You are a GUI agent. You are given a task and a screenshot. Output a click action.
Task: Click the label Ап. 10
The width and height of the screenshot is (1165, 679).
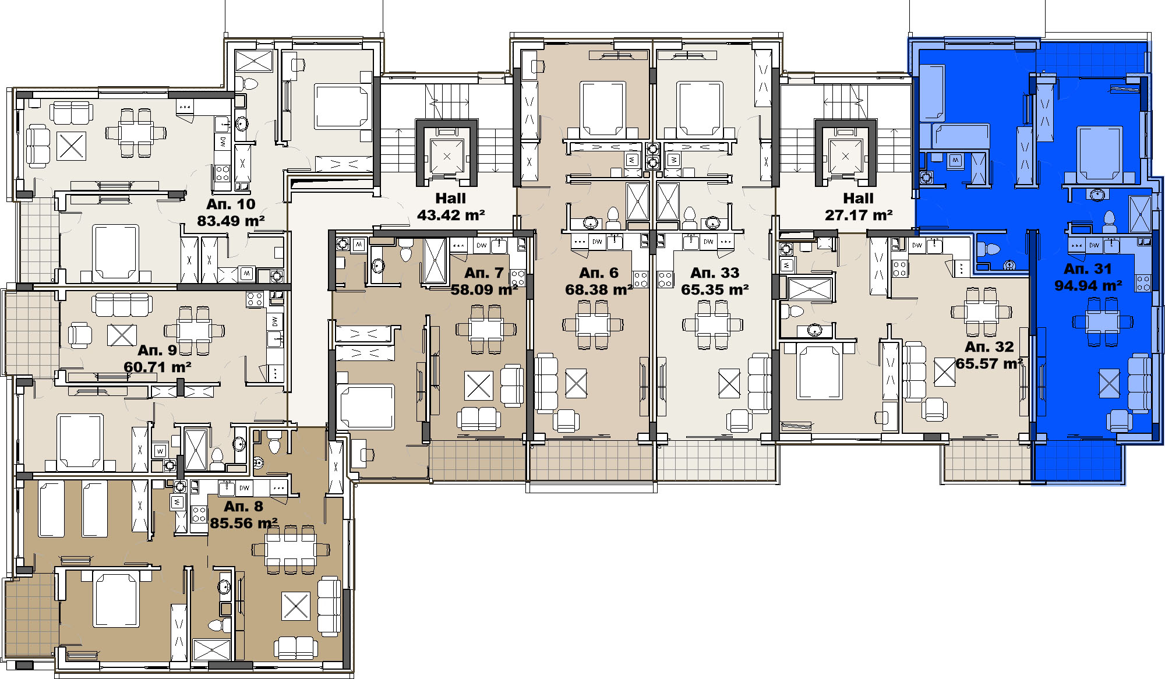231,204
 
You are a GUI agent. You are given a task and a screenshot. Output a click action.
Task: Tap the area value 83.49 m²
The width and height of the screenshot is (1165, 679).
231,221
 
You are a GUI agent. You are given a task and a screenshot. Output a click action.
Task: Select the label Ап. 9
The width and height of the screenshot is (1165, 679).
157,350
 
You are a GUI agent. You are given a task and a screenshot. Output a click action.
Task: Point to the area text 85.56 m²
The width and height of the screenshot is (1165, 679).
243,523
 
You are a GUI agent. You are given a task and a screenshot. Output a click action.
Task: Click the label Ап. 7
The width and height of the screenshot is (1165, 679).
483,273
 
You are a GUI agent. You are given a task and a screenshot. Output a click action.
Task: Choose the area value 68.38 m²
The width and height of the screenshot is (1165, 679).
599,289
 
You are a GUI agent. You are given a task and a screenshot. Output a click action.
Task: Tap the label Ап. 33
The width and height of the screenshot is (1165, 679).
715,273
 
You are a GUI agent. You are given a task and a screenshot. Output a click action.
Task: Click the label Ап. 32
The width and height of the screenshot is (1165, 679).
989,346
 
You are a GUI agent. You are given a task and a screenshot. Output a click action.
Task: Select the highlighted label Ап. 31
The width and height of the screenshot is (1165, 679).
1088,268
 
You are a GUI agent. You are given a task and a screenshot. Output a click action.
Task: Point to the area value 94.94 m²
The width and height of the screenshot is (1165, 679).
1088,285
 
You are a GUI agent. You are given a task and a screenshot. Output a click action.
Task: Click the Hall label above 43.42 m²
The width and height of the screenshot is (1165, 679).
450,198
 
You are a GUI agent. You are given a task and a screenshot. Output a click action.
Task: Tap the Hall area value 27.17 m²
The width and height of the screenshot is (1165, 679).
859,215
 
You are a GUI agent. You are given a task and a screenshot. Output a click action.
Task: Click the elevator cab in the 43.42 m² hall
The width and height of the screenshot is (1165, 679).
447,156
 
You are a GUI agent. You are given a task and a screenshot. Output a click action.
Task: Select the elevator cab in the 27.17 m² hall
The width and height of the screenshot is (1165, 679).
845,156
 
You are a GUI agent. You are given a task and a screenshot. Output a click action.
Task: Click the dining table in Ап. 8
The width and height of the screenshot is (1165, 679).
290,549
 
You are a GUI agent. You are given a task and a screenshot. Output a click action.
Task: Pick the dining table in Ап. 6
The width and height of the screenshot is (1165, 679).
593,324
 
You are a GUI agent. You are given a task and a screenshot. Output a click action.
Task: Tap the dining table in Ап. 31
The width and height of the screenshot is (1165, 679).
1103,321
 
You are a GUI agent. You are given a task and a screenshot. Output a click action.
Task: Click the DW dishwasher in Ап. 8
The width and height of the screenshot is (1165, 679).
244,487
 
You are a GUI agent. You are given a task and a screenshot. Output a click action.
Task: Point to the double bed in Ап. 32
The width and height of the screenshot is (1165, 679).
818,371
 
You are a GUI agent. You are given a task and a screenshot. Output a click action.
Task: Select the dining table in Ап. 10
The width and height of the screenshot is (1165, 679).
136,133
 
